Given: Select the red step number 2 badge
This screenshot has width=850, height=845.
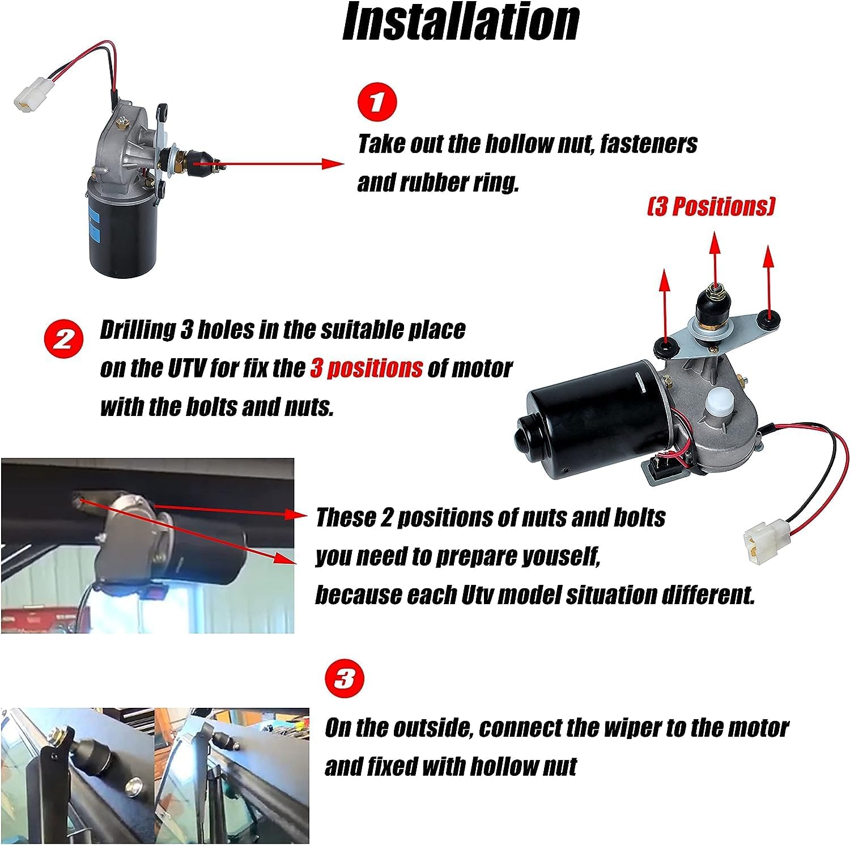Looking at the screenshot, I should (63, 339).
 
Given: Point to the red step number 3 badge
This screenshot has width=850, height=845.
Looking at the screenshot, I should (344, 678).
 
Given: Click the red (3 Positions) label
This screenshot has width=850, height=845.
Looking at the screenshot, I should (711, 207).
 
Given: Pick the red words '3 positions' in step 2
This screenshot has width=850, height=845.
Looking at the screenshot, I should (366, 368).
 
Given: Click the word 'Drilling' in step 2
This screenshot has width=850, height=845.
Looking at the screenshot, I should (138, 330).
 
